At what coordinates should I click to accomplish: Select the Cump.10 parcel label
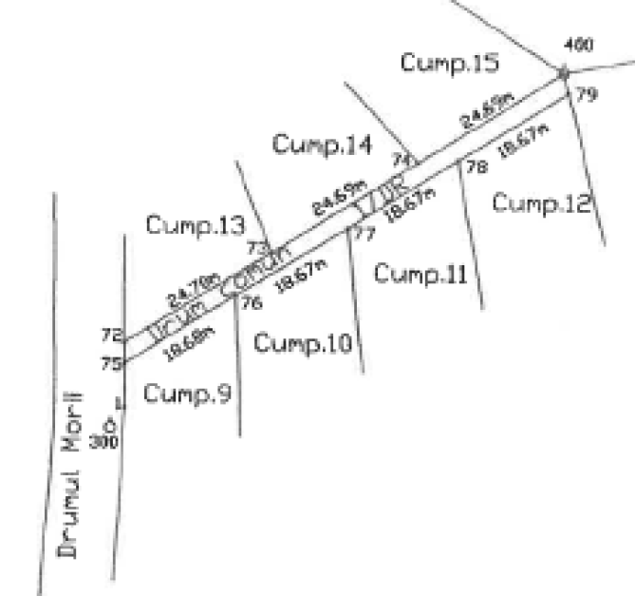(x=303, y=341)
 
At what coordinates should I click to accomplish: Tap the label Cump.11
(x=420, y=274)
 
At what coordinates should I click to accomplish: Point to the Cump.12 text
(x=542, y=202)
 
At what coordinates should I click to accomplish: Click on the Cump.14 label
(x=322, y=144)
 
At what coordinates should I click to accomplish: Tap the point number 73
(x=254, y=247)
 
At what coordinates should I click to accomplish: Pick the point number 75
(x=111, y=362)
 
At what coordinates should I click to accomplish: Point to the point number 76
(x=251, y=303)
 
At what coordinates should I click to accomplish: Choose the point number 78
(x=476, y=166)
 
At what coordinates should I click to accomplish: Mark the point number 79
(x=587, y=94)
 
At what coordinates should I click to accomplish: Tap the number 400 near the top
(x=574, y=45)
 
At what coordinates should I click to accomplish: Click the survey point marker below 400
(x=562, y=72)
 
